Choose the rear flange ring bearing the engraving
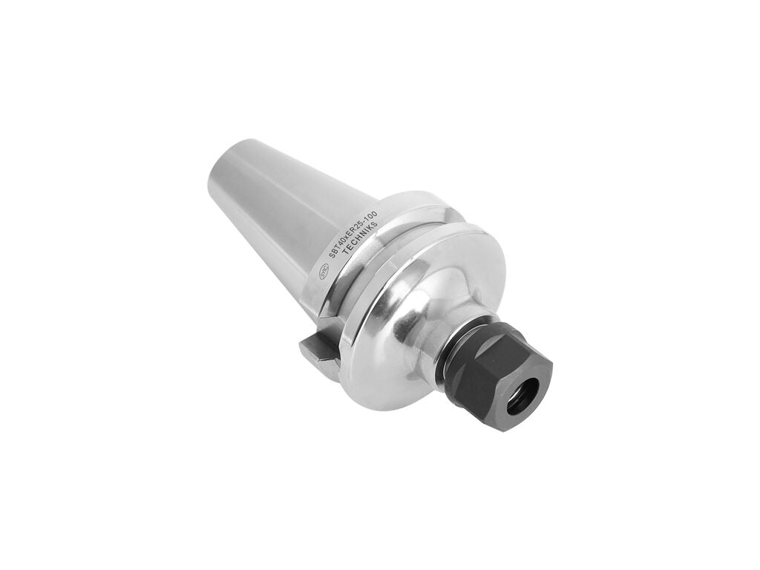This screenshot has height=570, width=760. click(356, 245)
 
